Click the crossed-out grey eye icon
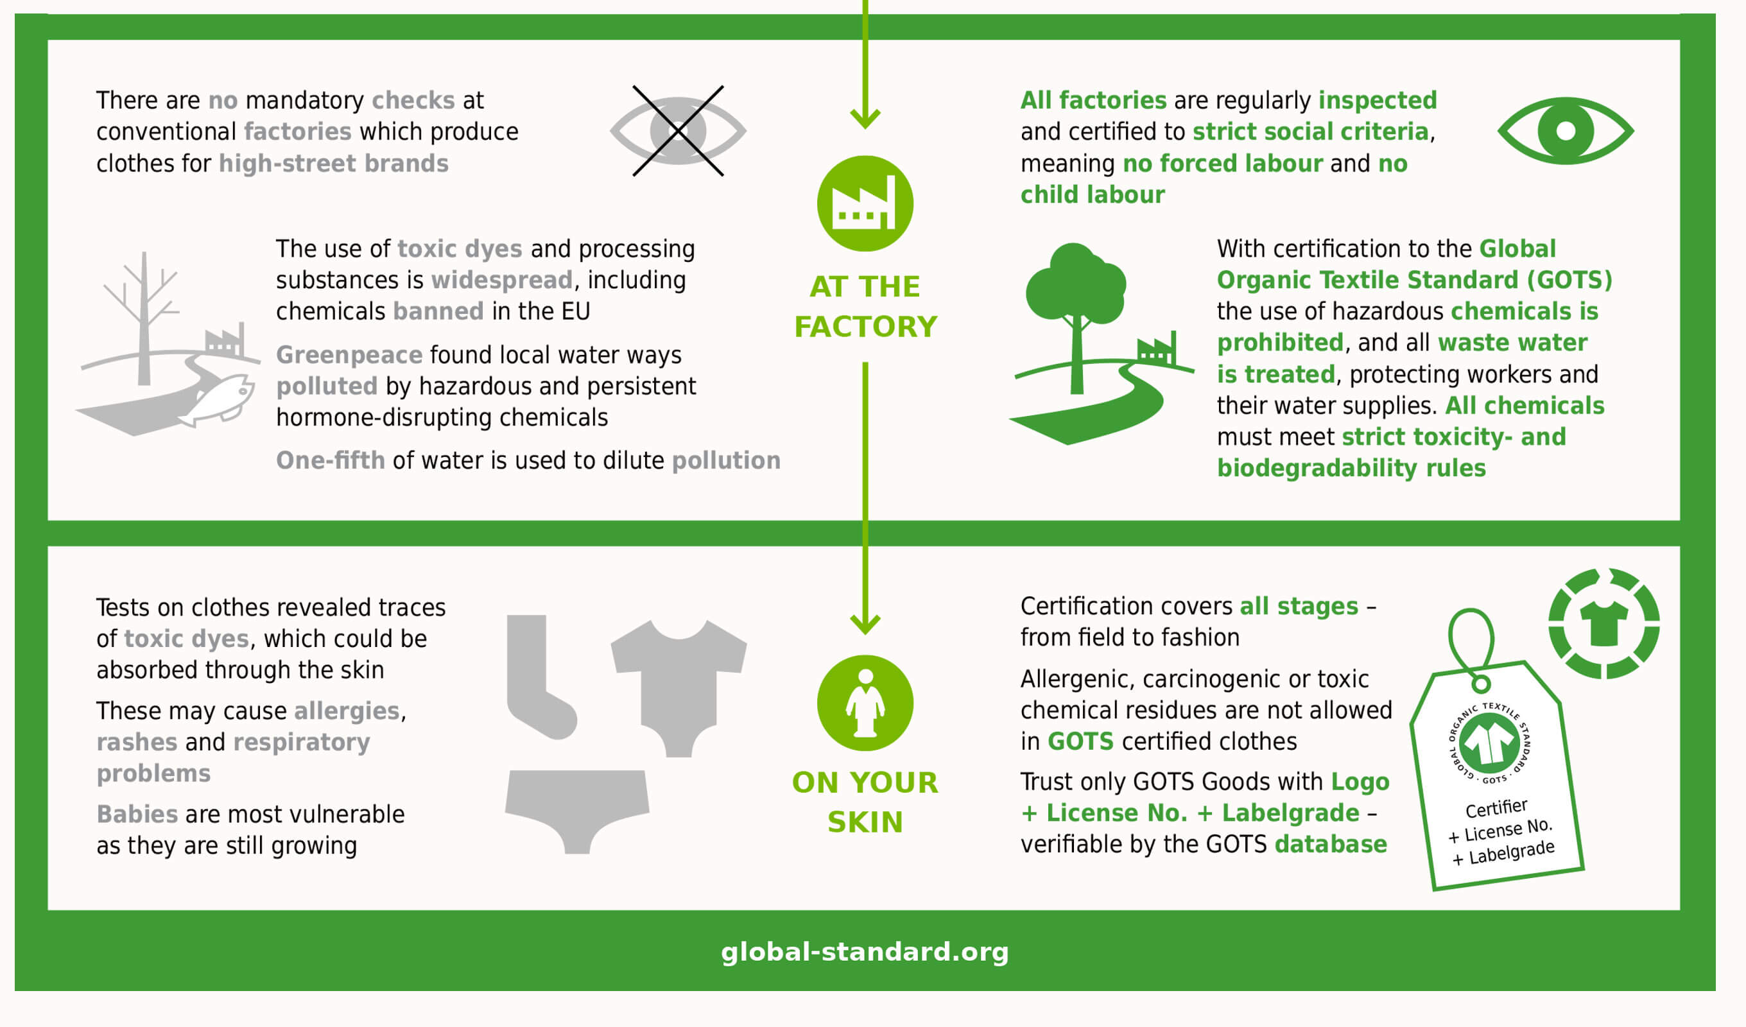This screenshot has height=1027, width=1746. pos(678,131)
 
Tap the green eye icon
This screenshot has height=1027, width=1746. pos(1565,131)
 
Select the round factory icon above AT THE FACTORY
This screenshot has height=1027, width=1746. pos(865,203)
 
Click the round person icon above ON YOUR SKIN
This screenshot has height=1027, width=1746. pos(865,703)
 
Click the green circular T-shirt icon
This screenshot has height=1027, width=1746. pos(1603,624)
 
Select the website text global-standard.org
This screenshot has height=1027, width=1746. pos(865,952)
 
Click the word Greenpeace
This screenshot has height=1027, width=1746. pos(349,356)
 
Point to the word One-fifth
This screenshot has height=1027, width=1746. pos(331,460)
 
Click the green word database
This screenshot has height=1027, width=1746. pos(1330,844)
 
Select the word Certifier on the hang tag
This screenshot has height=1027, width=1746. pos(1496,808)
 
